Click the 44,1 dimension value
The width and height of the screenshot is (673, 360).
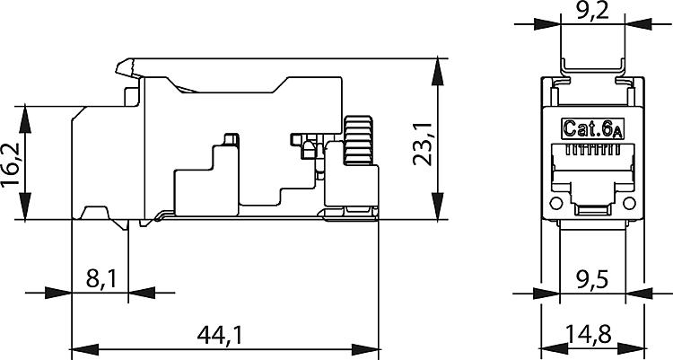(x=219, y=335)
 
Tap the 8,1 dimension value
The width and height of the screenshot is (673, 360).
(x=101, y=279)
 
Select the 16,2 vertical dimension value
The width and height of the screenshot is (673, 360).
(x=10, y=164)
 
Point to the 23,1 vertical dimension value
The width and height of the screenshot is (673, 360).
(x=422, y=144)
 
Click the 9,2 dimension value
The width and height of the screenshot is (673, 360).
(x=593, y=10)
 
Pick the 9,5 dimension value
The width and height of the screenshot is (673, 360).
(x=592, y=280)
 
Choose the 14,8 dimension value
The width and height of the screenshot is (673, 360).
(x=588, y=334)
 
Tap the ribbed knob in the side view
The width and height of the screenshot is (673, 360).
(x=359, y=140)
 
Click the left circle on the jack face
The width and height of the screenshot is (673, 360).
(x=555, y=203)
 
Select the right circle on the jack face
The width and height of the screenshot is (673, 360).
(x=629, y=203)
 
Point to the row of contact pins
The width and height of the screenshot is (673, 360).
(x=593, y=150)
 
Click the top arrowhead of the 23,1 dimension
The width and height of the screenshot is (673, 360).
(x=437, y=71)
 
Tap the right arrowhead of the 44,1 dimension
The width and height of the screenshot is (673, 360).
(x=365, y=349)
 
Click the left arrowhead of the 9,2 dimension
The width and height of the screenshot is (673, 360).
(x=546, y=24)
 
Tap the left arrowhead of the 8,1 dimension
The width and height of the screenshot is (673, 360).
(x=58, y=293)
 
